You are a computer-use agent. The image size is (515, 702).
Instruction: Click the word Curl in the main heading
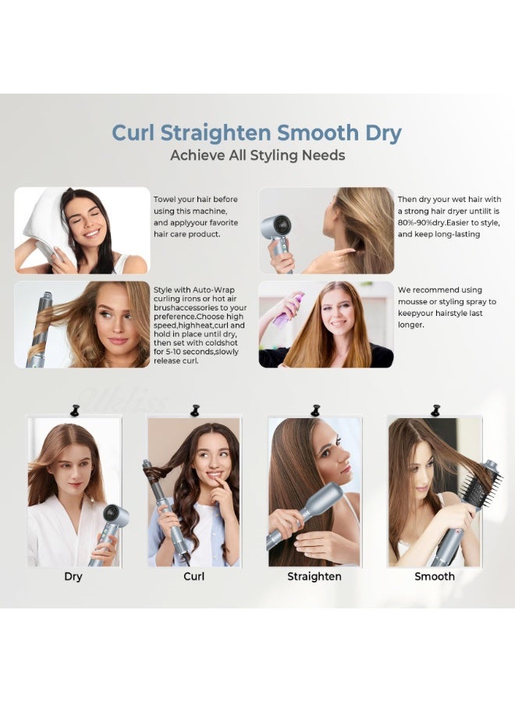click(136, 132)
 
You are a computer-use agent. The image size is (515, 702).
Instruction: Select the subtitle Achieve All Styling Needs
click(257, 155)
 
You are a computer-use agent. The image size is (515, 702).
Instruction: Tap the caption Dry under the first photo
click(73, 576)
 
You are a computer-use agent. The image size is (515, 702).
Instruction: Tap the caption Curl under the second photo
click(194, 576)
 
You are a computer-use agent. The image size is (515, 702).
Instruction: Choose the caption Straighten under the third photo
click(314, 576)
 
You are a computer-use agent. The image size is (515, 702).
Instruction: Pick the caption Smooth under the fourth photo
click(434, 576)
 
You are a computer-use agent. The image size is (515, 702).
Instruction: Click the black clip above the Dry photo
click(76, 409)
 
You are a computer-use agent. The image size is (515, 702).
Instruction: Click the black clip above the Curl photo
click(195, 409)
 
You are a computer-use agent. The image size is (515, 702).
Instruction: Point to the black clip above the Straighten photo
click(315, 409)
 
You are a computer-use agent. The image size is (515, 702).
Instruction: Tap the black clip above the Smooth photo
click(435, 409)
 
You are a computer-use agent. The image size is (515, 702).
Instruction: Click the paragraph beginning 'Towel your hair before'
click(195, 216)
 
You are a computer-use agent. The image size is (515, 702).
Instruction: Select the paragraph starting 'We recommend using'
click(446, 307)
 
